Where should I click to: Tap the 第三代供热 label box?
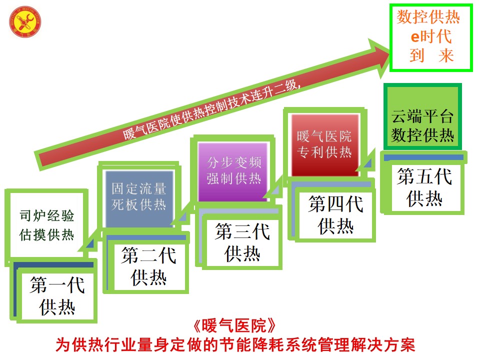pyautogui.click(x=242, y=242)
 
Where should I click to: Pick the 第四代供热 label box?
pyautogui.click(x=335, y=215)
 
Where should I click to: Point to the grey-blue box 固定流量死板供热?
pyautogui.click(x=139, y=197)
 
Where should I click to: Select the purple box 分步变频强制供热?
pyautogui.click(x=234, y=170)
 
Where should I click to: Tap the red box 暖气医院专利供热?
pyautogui.click(x=324, y=144)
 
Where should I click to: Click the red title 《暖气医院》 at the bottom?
pyautogui.click(x=234, y=326)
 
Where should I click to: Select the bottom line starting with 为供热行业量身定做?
pyautogui.click(x=234, y=345)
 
